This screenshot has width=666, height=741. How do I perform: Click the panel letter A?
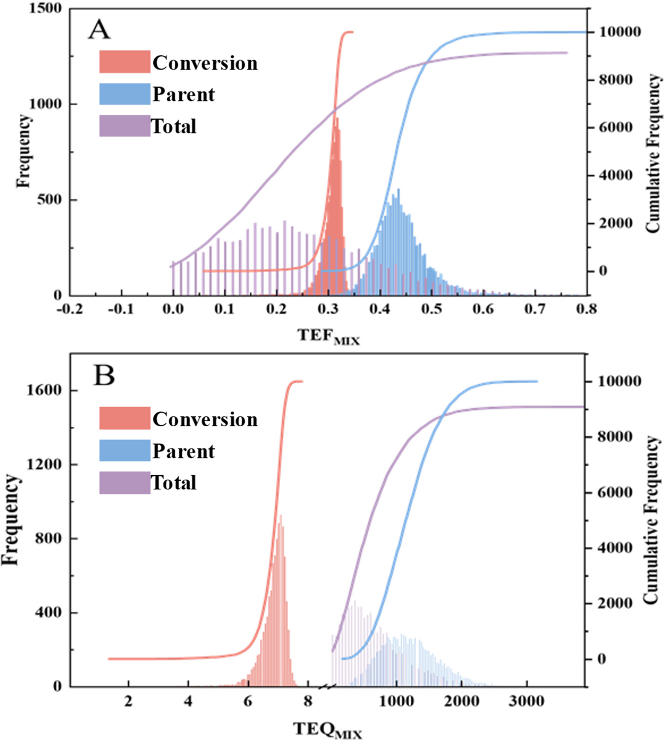[x=99, y=30]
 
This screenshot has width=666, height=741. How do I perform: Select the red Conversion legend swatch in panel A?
[x=124, y=62]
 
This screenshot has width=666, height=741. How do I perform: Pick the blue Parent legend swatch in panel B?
[x=124, y=451]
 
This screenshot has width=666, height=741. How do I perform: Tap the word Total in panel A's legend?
[x=174, y=126]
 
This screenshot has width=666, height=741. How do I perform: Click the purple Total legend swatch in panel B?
[x=124, y=483]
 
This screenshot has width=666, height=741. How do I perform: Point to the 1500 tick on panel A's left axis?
[x=45, y=8]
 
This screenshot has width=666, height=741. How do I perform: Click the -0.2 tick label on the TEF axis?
[x=70, y=310]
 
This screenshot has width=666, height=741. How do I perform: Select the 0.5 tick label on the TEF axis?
[x=431, y=310]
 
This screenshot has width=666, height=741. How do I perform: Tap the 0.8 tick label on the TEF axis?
[x=586, y=310]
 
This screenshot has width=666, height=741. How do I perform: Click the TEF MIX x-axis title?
[x=328, y=336]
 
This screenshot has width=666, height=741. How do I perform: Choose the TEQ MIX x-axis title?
[x=327, y=730]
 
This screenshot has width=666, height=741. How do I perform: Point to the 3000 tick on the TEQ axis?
[x=526, y=701]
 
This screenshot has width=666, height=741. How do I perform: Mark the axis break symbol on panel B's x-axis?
[x=328, y=687]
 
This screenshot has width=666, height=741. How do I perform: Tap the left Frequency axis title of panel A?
[x=23, y=151]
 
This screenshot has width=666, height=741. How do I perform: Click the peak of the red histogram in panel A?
[x=336, y=119]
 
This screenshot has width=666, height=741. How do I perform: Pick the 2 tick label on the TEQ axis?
[x=128, y=701]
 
